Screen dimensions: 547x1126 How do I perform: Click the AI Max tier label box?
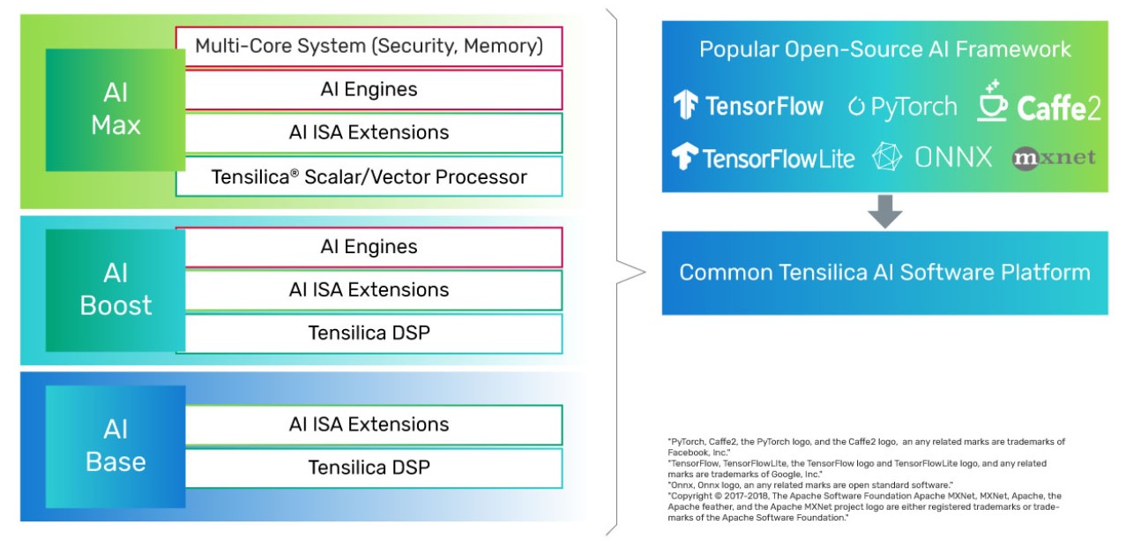pyautogui.click(x=116, y=110)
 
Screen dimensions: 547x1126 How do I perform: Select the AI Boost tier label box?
pyautogui.click(x=116, y=289)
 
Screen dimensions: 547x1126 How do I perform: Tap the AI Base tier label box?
pyautogui.click(x=116, y=446)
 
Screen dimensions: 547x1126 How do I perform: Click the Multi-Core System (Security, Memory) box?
pyautogui.click(x=369, y=46)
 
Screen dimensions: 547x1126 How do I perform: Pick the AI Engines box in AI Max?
pyautogui.click(x=369, y=89)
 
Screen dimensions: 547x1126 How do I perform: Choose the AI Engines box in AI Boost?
pyautogui.click(x=369, y=247)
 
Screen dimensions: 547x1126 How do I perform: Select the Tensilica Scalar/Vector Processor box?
pyautogui.click(x=369, y=176)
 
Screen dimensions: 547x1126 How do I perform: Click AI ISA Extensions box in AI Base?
pyautogui.click(x=369, y=424)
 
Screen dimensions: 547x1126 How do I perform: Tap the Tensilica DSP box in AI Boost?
pyautogui.click(x=369, y=333)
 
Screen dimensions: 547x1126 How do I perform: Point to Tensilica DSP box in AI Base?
pyautogui.click(x=369, y=468)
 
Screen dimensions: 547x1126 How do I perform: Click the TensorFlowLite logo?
pyautogui.click(x=763, y=158)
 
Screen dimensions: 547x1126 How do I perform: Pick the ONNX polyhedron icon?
pyautogui.click(x=887, y=158)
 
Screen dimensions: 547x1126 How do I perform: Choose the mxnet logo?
pyautogui.click(x=1054, y=158)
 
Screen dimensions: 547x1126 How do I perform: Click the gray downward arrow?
pyautogui.click(x=884, y=212)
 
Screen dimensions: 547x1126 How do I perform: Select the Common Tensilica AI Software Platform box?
pyautogui.click(x=884, y=273)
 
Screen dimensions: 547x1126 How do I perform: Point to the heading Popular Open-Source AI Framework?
pyautogui.click(x=884, y=49)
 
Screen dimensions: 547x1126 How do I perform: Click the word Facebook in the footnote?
pyautogui.click(x=688, y=451)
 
